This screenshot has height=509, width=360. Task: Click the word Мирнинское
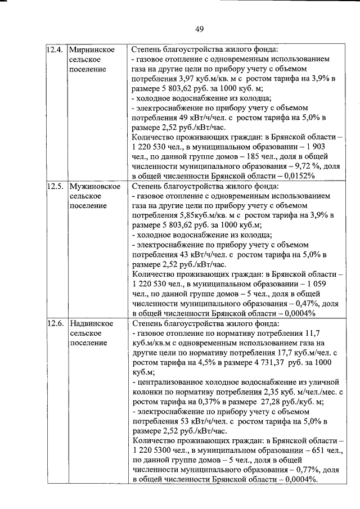click(92, 49)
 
